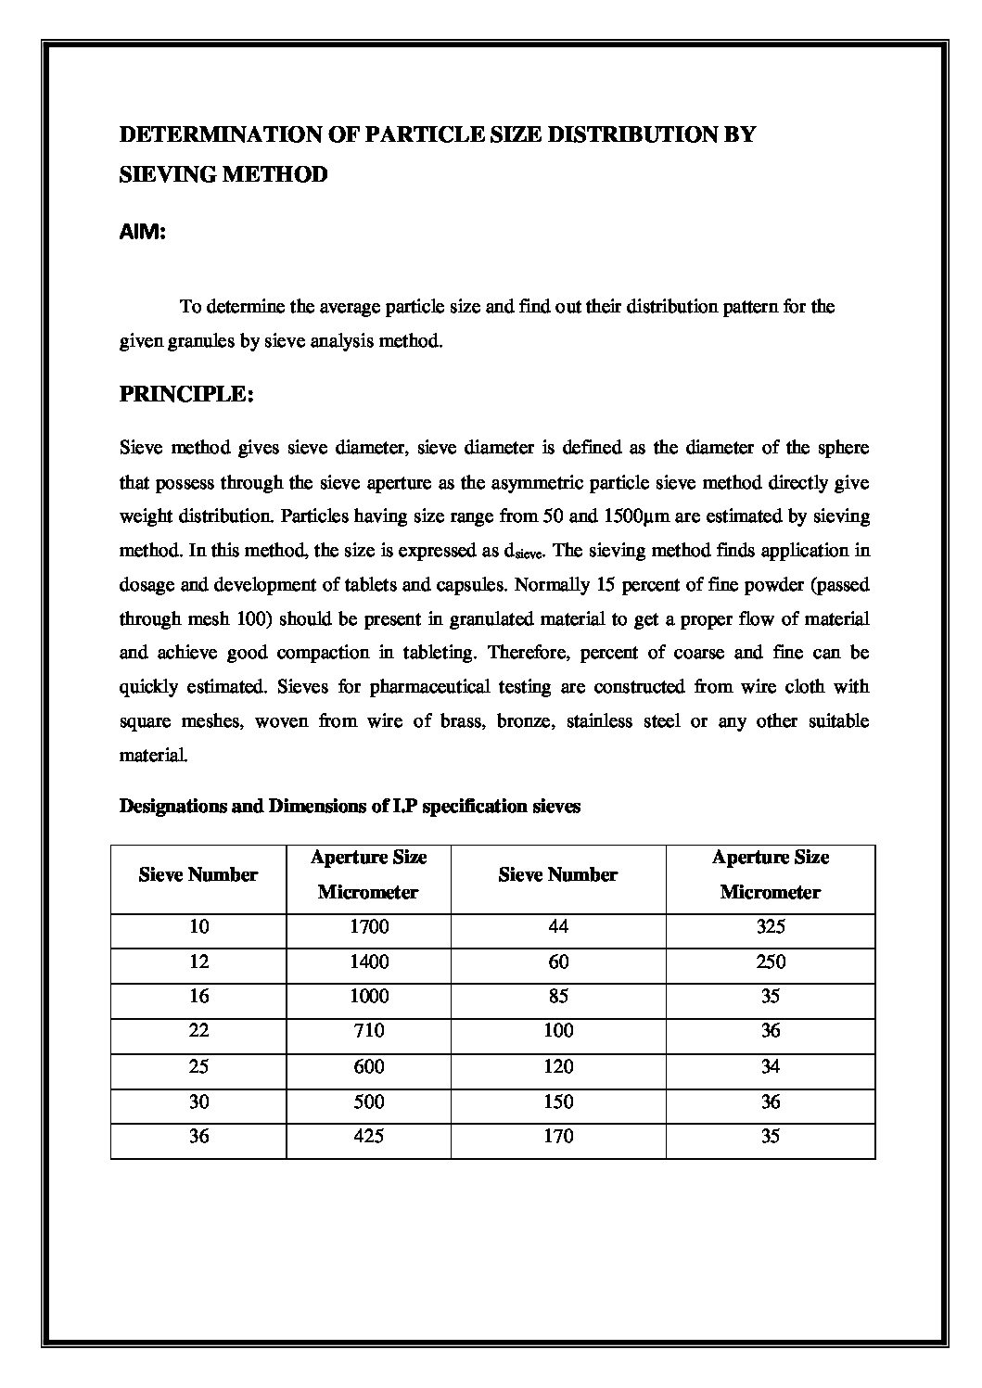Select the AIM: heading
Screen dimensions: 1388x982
pos(143,234)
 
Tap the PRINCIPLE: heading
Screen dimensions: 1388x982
pos(186,394)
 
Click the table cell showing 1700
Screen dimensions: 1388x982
pos(369,927)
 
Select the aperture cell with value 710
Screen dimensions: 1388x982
pos(369,1031)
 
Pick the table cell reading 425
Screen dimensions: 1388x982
pos(369,1137)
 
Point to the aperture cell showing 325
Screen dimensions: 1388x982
pos(770,927)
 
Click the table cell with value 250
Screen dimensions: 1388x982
pos(770,961)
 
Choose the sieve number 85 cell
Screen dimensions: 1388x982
pos(558,997)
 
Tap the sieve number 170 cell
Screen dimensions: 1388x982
pos(558,1137)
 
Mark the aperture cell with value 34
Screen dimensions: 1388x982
pos(770,1066)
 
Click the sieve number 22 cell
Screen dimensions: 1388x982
pos(198,1031)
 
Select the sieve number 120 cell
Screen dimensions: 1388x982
pos(558,1066)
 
